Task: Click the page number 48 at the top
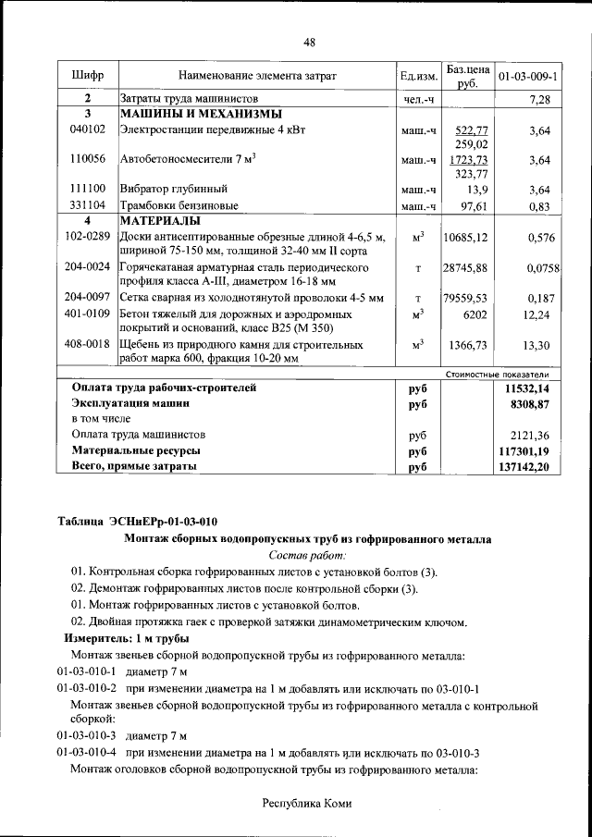(309, 42)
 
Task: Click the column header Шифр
(87, 74)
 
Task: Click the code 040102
(87, 130)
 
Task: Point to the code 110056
(87, 159)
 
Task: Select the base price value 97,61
(474, 204)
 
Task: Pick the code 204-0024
(88, 267)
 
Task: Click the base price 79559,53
(465, 298)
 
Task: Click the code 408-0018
(88, 344)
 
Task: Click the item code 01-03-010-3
(86, 735)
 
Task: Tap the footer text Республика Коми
(308, 804)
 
